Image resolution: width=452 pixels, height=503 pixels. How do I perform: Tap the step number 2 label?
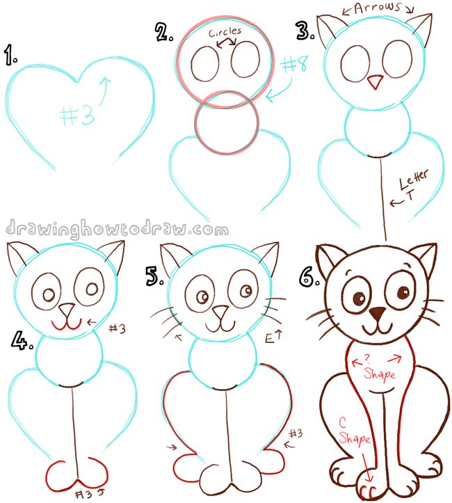pyautogui.click(x=164, y=32)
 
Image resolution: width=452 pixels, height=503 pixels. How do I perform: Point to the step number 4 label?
pyautogui.click(x=22, y=342)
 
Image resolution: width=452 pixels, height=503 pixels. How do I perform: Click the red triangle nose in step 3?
pyautogui.click(x=375, y=82)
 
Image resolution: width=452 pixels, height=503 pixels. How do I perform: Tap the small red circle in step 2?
pyautogui.click(x=227, y=125)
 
